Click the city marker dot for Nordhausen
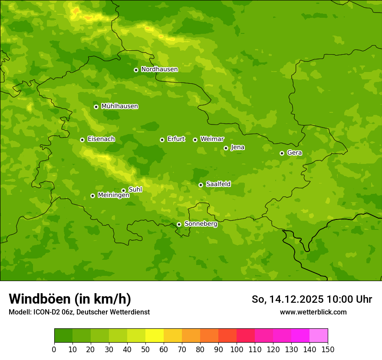pos(136,70)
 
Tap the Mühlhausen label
pos(119,106)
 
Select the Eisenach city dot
pos(82,140)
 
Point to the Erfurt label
pos(176,139)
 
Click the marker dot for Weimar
pos(195,140)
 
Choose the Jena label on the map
pos(237,147)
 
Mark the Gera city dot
pos(282,153)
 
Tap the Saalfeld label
pos(218,184)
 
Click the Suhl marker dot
pos(123,190)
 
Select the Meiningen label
pos(113,196)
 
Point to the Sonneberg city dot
pos(179,224)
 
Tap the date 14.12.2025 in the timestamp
pos(296,299)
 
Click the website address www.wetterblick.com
pos(313,312)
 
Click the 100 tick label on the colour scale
pos(237,349)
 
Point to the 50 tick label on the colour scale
pos(145,349)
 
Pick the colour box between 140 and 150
pos(319,336)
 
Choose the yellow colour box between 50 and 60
pos(155,336)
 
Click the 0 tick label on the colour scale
pos(54,349)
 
